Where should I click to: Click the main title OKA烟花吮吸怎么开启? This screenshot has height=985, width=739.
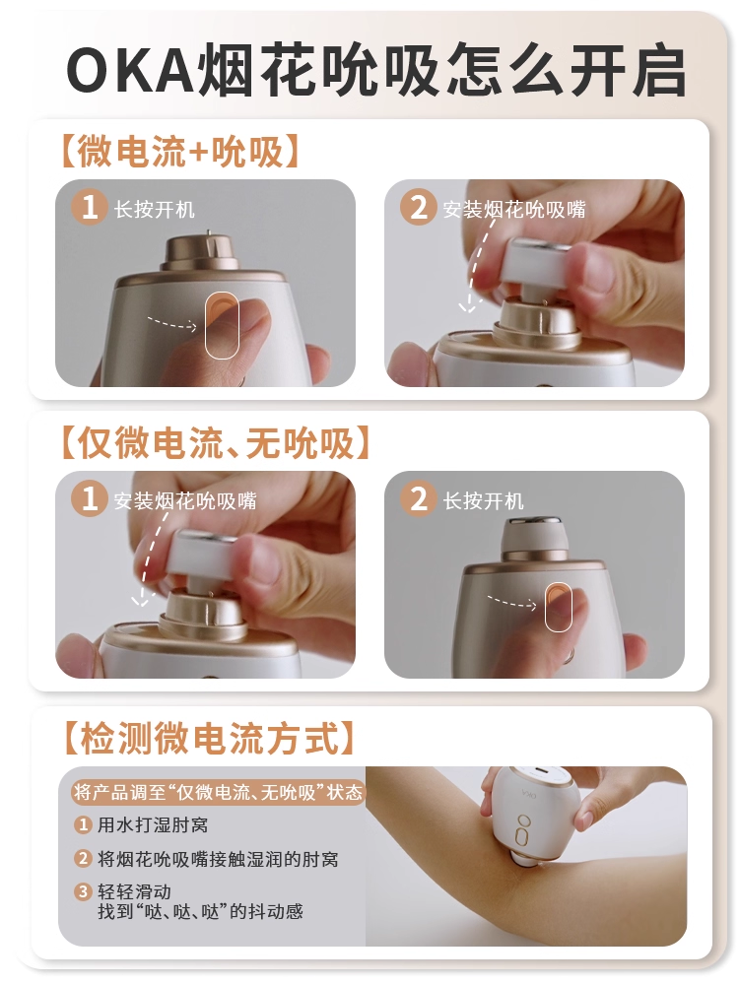[x=375, y=69]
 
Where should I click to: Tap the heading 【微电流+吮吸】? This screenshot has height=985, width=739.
[x=179, y=152]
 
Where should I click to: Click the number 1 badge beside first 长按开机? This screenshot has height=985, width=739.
[x=90, y=207]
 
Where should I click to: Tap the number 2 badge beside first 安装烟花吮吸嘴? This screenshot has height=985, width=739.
[x=418, y=207]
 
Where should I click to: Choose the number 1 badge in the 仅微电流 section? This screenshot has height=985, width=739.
[x=90, y=498]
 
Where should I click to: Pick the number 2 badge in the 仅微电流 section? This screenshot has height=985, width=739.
[x=418, y=498]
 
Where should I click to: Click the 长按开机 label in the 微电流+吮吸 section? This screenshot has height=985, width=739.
[x=155, y=209]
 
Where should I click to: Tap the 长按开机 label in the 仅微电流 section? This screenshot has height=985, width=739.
[x=483, y=501]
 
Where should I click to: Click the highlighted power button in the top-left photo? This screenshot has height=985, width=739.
[x=222, y=325]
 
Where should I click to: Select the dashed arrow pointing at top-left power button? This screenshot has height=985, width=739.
[x=172, y=323]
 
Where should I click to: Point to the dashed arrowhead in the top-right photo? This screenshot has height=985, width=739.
[x=466, y=306]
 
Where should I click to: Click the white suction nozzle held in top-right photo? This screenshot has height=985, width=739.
[x=540, y=266]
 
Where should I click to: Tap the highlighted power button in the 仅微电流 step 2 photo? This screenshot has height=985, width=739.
[x=558, y=607]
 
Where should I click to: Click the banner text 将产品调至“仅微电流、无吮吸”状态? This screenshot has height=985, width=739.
[x=218, y=792]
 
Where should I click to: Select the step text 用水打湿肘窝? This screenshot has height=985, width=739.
[x=153, y=824]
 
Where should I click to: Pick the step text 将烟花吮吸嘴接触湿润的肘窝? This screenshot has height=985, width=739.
[x=218, y=859]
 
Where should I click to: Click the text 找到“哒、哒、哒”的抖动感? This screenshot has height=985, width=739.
[x=200, y=911]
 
